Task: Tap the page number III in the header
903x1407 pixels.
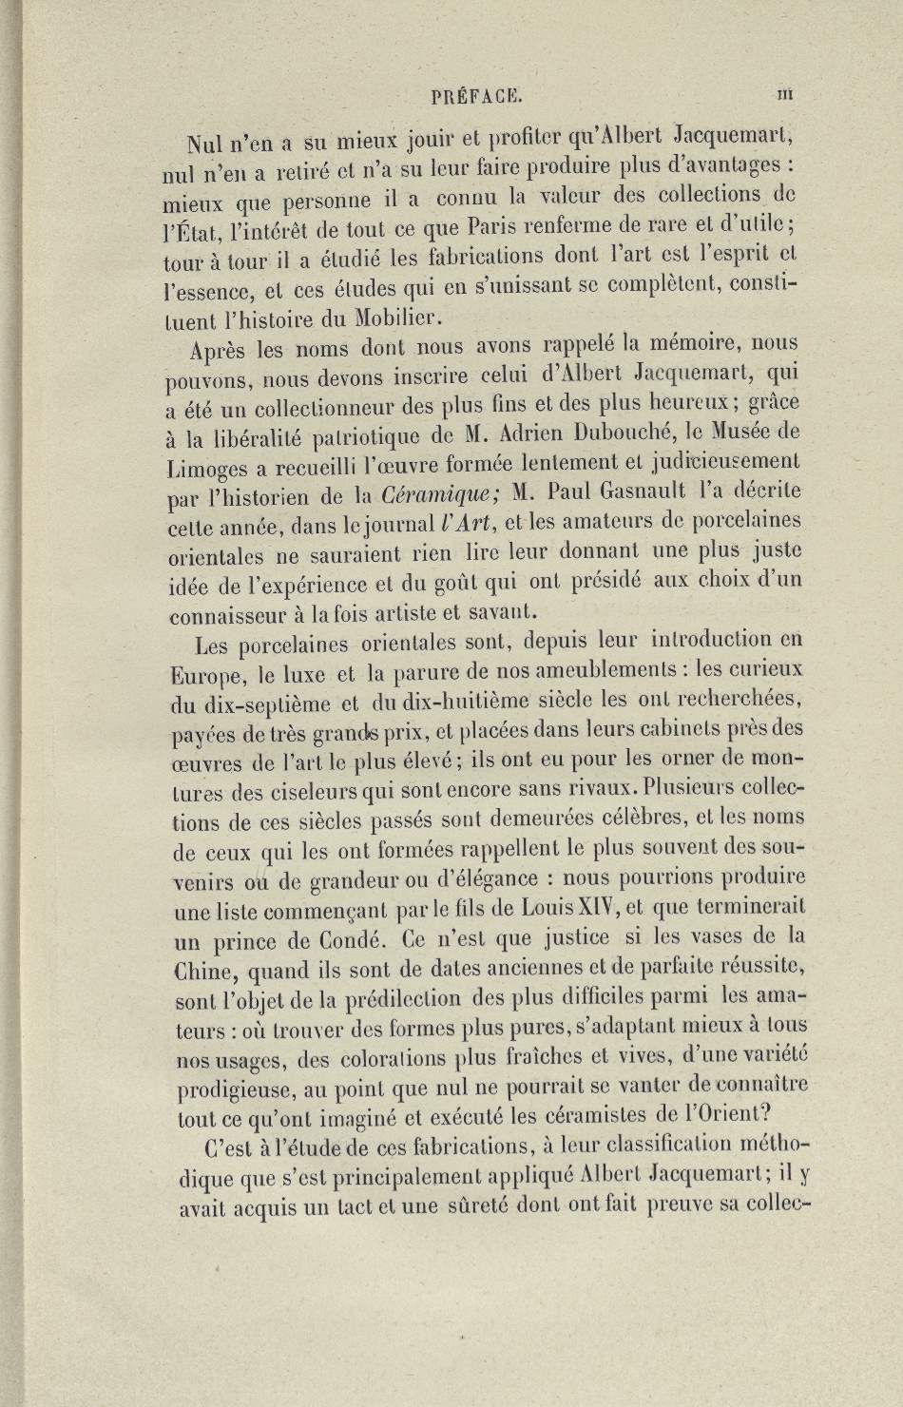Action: [785, 93]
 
